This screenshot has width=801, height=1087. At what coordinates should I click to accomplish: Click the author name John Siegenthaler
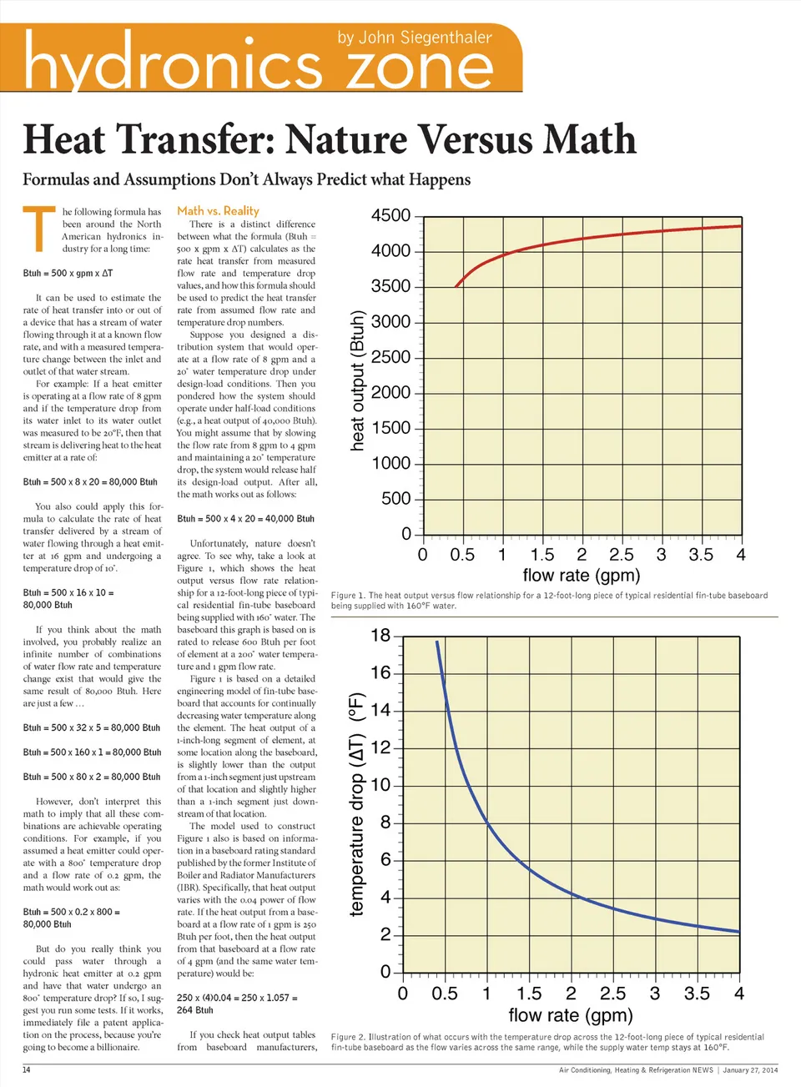pos(414,38)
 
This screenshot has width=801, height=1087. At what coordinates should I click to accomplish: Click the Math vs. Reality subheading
pos(218,211)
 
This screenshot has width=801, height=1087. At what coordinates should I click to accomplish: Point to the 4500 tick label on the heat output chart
pos(390,216)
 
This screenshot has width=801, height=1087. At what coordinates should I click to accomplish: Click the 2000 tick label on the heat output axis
pos(390,393)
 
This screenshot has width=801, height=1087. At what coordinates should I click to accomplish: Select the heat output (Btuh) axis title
pos(357,380)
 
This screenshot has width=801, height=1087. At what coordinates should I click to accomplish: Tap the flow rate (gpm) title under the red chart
pos(581,576)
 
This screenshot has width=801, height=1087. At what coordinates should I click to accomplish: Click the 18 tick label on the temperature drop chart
pos(380,636)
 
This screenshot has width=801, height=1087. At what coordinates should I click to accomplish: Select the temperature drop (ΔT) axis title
pos(357,804)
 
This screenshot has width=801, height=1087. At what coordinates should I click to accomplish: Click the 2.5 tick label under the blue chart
pos(612,994)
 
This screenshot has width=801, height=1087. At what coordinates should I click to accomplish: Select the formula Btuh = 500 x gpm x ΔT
pos(68,274)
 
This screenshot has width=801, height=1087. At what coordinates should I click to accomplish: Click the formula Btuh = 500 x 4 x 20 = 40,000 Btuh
pos(245,519)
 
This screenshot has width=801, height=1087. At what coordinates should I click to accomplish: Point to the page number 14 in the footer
pos(27,1069)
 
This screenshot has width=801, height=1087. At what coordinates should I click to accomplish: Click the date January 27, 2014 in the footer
pos(749,1069)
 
